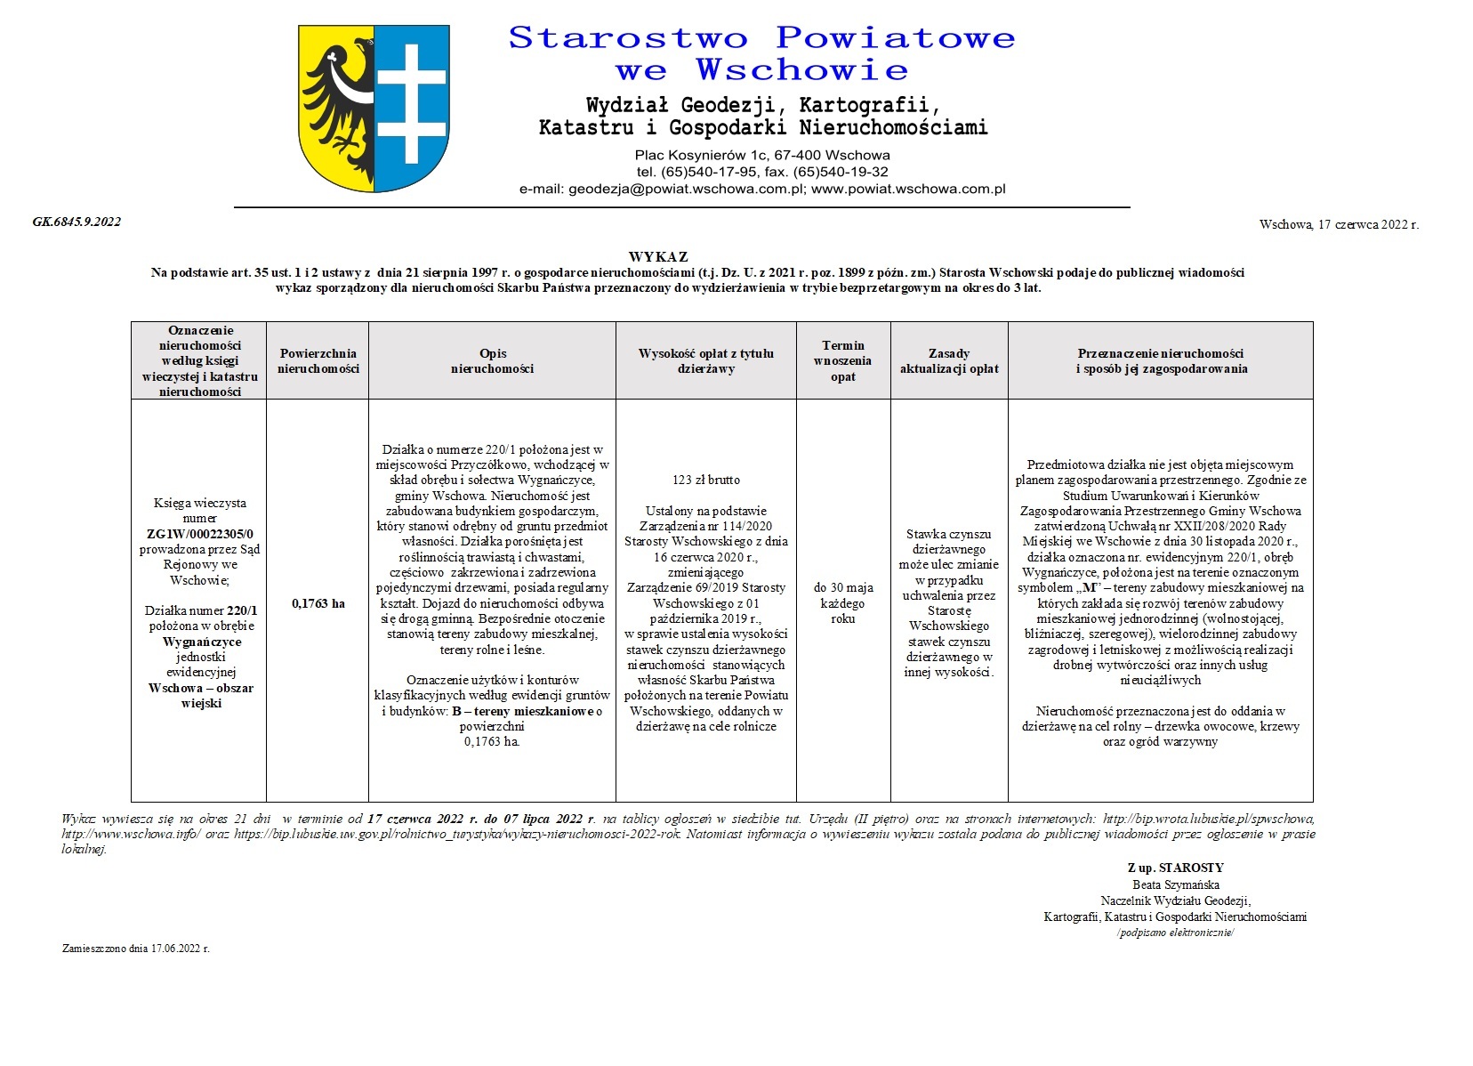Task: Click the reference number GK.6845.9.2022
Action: (76, 222)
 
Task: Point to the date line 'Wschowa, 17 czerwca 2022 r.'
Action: (1339, 224)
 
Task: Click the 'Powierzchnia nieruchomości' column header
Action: (318, 360)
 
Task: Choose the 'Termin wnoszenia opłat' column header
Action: (842, 360)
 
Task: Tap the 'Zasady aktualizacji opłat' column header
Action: (949, 360)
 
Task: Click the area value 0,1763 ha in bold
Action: (318, 603)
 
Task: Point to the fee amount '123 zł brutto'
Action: (706, 480)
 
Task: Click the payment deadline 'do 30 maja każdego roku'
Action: (842, 602)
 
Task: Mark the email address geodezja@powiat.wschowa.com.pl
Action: (686, 189)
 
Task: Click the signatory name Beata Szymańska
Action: (1175, 884)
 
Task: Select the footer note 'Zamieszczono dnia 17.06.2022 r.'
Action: (135, 948)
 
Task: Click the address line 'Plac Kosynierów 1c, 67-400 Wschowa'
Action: (762, 155)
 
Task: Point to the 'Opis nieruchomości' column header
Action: (492, 360)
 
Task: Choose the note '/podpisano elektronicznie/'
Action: (1175, 933)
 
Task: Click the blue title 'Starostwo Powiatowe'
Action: (761, 38)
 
